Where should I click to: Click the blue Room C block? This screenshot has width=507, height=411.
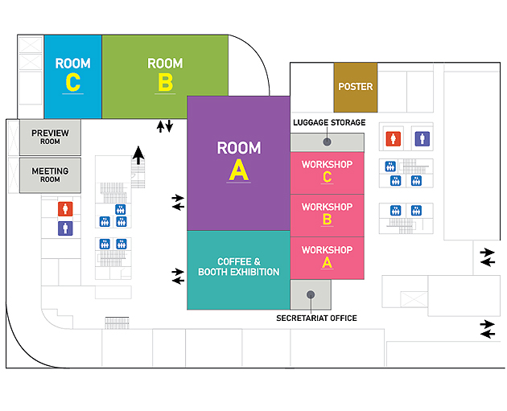[x=72, y=76]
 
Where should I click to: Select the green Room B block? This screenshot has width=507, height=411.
[x=165, y=76]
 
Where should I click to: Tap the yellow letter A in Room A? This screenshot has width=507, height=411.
[x=239, y=170]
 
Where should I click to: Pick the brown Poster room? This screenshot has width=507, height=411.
[x=355, y=87]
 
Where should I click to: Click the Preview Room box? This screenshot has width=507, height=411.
[x=50, y=137]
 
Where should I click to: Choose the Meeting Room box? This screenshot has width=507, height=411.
[x=50, y=175]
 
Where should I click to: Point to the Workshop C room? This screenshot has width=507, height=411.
[x=327, y=171]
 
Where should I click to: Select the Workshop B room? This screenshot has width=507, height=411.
[x=327, y=213]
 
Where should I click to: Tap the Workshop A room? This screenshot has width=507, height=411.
[x=327, y=257]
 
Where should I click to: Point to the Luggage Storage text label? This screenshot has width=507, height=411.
[x=329, y=122]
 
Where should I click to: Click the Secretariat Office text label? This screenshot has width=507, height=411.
[x=316, y=319]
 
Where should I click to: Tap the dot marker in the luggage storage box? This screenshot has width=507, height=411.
[x=327, y=142]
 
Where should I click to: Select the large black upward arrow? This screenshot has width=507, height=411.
[x=139, y=154]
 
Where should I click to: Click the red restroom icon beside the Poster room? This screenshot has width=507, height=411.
[x=393, y=138]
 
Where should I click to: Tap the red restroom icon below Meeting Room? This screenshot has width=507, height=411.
[x=65, y=209]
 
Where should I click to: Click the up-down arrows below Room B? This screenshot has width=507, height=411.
[x=164, y=126]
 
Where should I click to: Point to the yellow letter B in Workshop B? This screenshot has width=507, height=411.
[x=327, y=220]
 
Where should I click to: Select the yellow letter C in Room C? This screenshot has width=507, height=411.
[x=72, y=82]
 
